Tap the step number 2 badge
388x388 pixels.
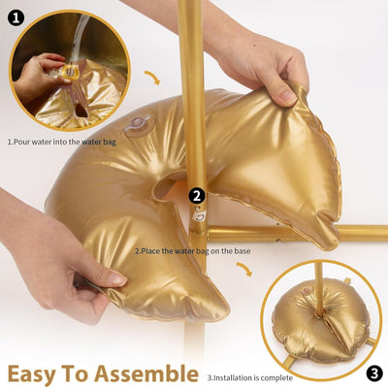pyautogui.click(x=197, y=195)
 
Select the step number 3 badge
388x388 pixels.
pyautogui.click(x=374, y=372)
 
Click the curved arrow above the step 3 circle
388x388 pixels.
pyautogui.click(x=245, y=268)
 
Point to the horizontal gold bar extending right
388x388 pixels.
pyautogui.click(x=310, y=233)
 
